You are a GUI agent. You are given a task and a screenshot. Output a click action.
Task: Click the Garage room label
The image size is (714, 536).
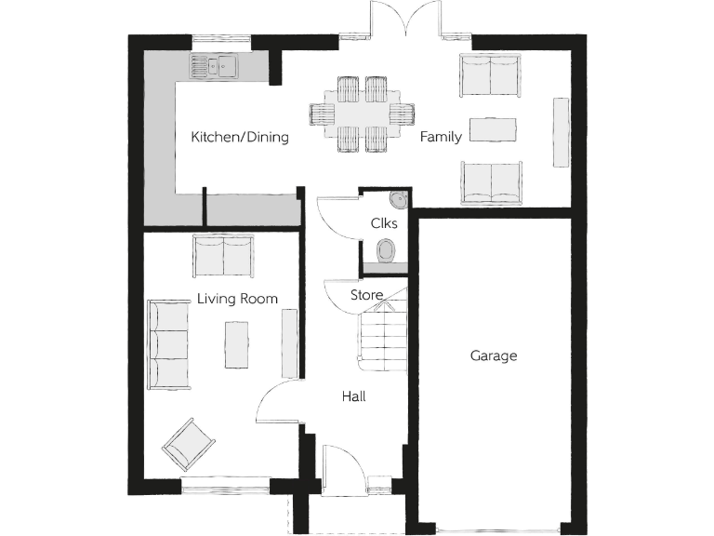tap(493, 355)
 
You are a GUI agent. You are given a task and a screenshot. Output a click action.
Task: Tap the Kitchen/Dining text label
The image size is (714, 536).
tap(240, 138)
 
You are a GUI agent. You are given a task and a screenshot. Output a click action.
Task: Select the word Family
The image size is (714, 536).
tap(441, 138)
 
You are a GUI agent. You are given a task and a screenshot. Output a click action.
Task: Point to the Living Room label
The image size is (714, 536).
tap(237, 299)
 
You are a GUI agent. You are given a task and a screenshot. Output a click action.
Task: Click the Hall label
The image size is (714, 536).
tap(353, 396)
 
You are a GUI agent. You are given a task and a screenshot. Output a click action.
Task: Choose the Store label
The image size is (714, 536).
tap(366, 295)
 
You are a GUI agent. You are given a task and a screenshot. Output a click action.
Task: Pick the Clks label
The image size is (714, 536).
tap(384, 223)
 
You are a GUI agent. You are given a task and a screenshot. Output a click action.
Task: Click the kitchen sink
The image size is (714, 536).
tap(215, 65)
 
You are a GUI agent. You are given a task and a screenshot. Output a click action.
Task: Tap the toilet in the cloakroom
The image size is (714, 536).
tap(387, 249)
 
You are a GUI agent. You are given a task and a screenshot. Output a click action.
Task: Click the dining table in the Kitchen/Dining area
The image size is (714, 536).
tap(362, 114)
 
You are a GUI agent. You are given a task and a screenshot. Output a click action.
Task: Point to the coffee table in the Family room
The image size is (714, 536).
tap(492, 129)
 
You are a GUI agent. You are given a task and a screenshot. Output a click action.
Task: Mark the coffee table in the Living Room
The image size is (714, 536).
tap(237, 343)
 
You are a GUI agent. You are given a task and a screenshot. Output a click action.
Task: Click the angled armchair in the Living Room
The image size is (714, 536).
tap(189, 444)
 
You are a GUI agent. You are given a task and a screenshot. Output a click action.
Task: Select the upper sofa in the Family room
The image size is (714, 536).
tap(489, 74)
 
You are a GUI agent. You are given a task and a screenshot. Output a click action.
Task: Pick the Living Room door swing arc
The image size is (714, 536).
tap(276, 402)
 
